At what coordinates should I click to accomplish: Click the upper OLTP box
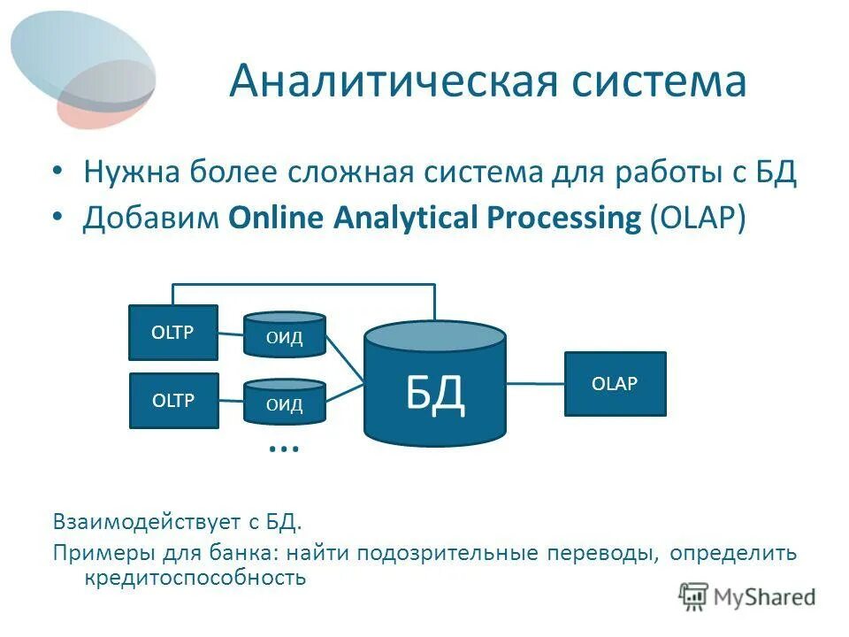(x=173, y=332)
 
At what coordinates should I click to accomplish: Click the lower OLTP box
(x=173, y=401)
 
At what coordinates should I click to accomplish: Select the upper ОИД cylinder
(x=285, y=334)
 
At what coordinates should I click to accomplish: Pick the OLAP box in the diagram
(x=615, y=383)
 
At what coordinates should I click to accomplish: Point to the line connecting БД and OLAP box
(x=536, y=383)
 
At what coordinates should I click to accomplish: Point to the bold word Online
(x=278, y=219)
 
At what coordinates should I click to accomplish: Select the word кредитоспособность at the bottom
(x=195, y=579)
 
